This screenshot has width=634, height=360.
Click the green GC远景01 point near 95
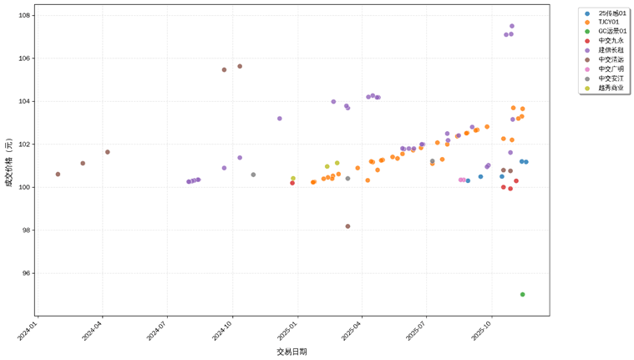[x=522, y=294]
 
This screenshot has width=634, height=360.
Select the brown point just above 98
[x=347, y=226]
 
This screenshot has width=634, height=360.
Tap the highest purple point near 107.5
[x=512, y=26]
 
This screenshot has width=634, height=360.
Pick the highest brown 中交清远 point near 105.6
[x=240, y=66]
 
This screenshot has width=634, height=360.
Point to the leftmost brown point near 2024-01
[x=58, y=174]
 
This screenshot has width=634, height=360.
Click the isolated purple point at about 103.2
[x=279, y=119]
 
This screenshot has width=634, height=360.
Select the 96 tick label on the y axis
[x=26, y=273]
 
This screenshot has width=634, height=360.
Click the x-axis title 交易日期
[x=292, y=352]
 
